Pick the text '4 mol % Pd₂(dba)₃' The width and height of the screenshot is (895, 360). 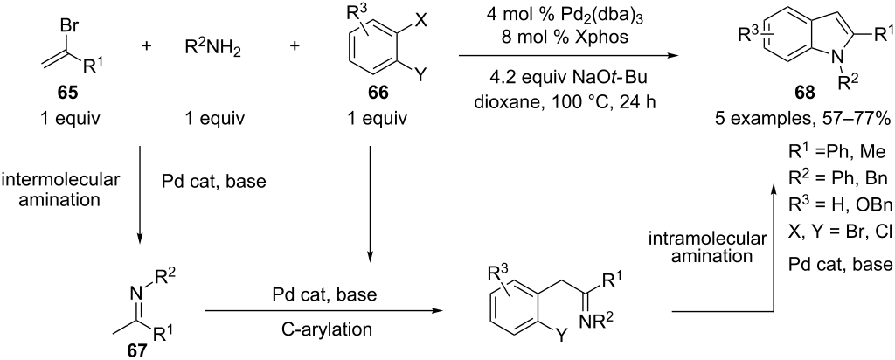coord(568,15)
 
